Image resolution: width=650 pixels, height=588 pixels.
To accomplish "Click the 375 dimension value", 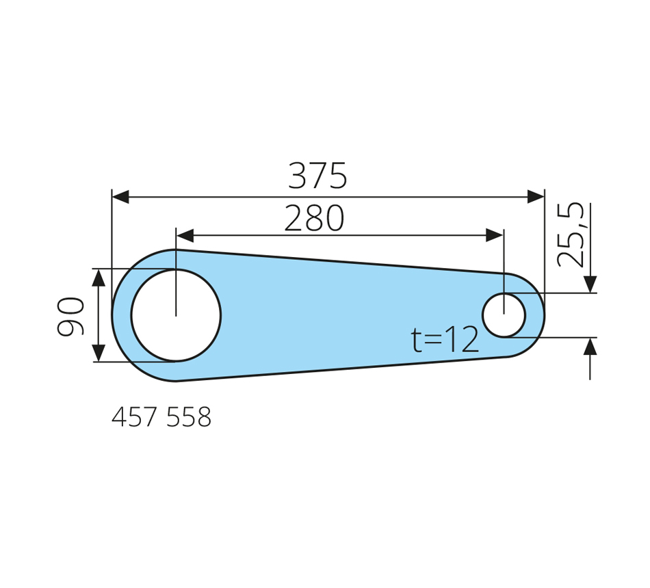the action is click(317, 176).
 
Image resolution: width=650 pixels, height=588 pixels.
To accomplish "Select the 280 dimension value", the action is click(314, 217).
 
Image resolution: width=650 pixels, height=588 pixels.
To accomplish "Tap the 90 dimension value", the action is click(70, 316).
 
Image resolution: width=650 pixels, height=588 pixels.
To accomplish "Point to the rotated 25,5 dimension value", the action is click(571, 235).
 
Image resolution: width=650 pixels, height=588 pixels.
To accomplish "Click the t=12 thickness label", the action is click(445, 340).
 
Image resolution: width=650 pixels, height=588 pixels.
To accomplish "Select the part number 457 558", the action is click(161, 417).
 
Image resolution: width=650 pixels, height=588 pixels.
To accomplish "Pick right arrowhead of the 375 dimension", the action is click(536, 197).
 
